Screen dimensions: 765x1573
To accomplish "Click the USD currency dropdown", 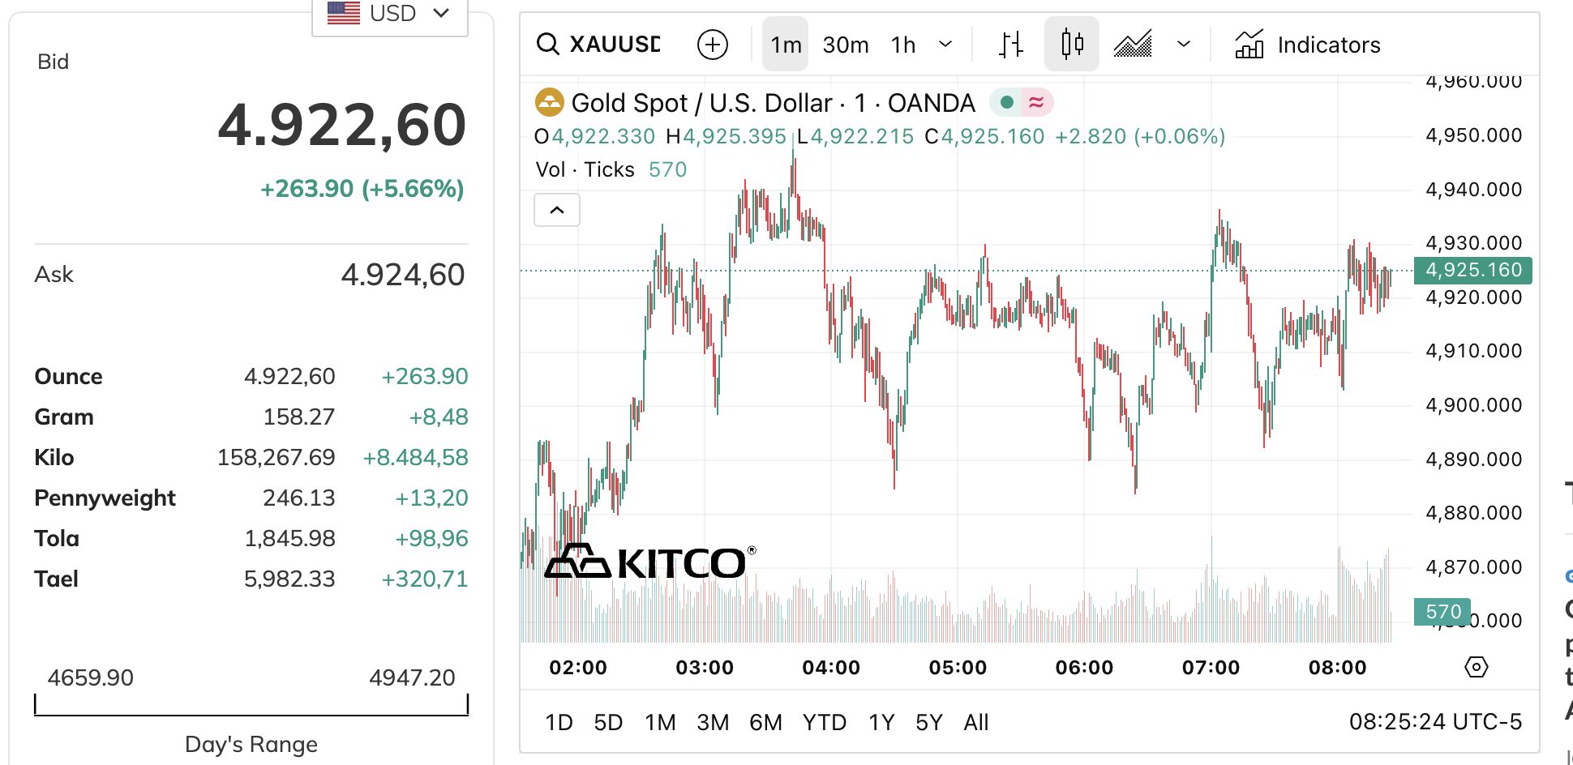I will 390,14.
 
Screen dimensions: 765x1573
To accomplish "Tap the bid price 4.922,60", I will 341,126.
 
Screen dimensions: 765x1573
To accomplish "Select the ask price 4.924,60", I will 402,276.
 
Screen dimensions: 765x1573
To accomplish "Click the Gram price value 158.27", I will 298,417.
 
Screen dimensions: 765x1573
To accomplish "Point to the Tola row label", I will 57,539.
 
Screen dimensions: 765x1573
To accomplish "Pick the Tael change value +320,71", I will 424,579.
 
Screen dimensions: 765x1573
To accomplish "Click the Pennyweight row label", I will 105,498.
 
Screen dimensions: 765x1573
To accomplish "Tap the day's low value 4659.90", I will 90,677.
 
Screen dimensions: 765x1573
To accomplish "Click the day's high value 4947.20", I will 412,677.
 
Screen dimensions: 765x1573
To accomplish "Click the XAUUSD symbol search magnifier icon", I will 548,45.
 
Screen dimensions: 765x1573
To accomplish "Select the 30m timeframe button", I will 845,45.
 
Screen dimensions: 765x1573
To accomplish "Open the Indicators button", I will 1307,45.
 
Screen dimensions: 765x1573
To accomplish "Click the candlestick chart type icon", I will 1072,44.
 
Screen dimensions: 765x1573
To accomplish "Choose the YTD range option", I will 824,722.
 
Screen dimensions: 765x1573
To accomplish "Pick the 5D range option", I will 608,722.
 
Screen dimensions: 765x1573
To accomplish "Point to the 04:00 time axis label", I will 831,668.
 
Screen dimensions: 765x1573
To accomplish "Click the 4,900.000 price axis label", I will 1473,405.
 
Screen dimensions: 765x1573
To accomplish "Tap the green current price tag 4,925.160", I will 1472,270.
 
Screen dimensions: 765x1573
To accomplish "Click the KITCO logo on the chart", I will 649,562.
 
